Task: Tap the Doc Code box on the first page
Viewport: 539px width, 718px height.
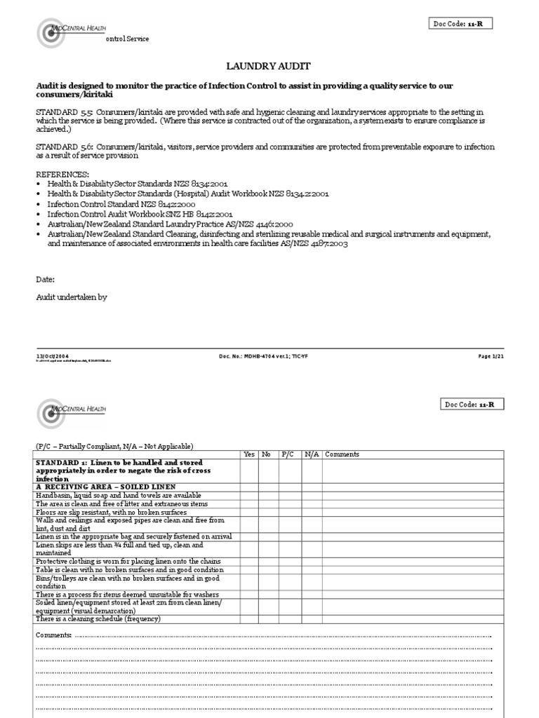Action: (461, 24)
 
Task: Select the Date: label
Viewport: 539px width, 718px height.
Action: (45, 278)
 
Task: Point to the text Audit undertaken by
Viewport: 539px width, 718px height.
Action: (71, 297)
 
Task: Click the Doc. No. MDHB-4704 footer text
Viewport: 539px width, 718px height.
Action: (263, 356)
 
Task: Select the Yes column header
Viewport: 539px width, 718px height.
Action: (248, 454)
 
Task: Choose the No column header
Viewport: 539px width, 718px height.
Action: (267, 454)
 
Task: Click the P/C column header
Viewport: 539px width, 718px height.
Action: (288, 454)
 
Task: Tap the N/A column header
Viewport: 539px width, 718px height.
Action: (311, 454)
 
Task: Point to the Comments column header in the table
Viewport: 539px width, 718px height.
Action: (342, 454)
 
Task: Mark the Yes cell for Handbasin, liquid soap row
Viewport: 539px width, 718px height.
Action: (248, 496)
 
